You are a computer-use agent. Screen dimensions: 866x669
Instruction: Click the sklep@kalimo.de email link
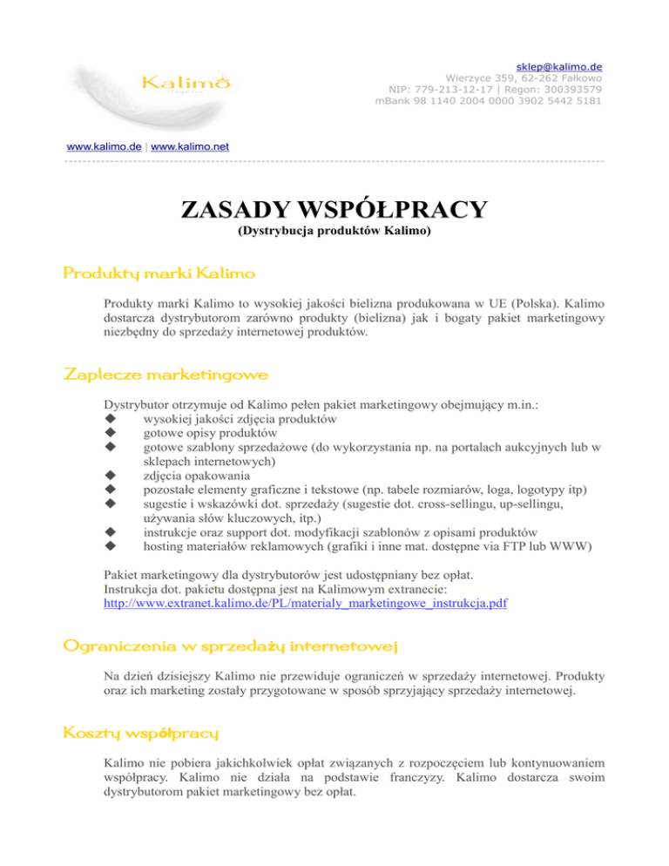tap(560, 66)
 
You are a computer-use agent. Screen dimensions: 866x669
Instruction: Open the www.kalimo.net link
tap(190, 146)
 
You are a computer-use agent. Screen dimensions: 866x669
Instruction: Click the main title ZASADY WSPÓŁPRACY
tap(334, 211)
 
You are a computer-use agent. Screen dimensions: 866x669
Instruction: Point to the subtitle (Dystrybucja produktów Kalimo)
tap(334, 234)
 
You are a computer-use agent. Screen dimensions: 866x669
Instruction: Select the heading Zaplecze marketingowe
tap(166, 375)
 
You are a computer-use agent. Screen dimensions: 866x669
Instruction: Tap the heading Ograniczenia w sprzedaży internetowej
tap(231, 645)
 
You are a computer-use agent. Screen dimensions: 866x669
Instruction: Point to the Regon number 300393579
tap(569, 89)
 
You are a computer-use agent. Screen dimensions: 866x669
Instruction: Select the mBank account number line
tap(489, 101)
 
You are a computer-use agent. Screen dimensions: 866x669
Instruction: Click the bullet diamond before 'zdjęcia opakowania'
tap(110, 476)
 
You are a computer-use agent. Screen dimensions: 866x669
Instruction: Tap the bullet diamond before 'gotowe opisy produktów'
tap(110, 433)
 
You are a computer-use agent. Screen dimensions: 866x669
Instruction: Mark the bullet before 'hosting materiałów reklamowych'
tap(110, 546)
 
